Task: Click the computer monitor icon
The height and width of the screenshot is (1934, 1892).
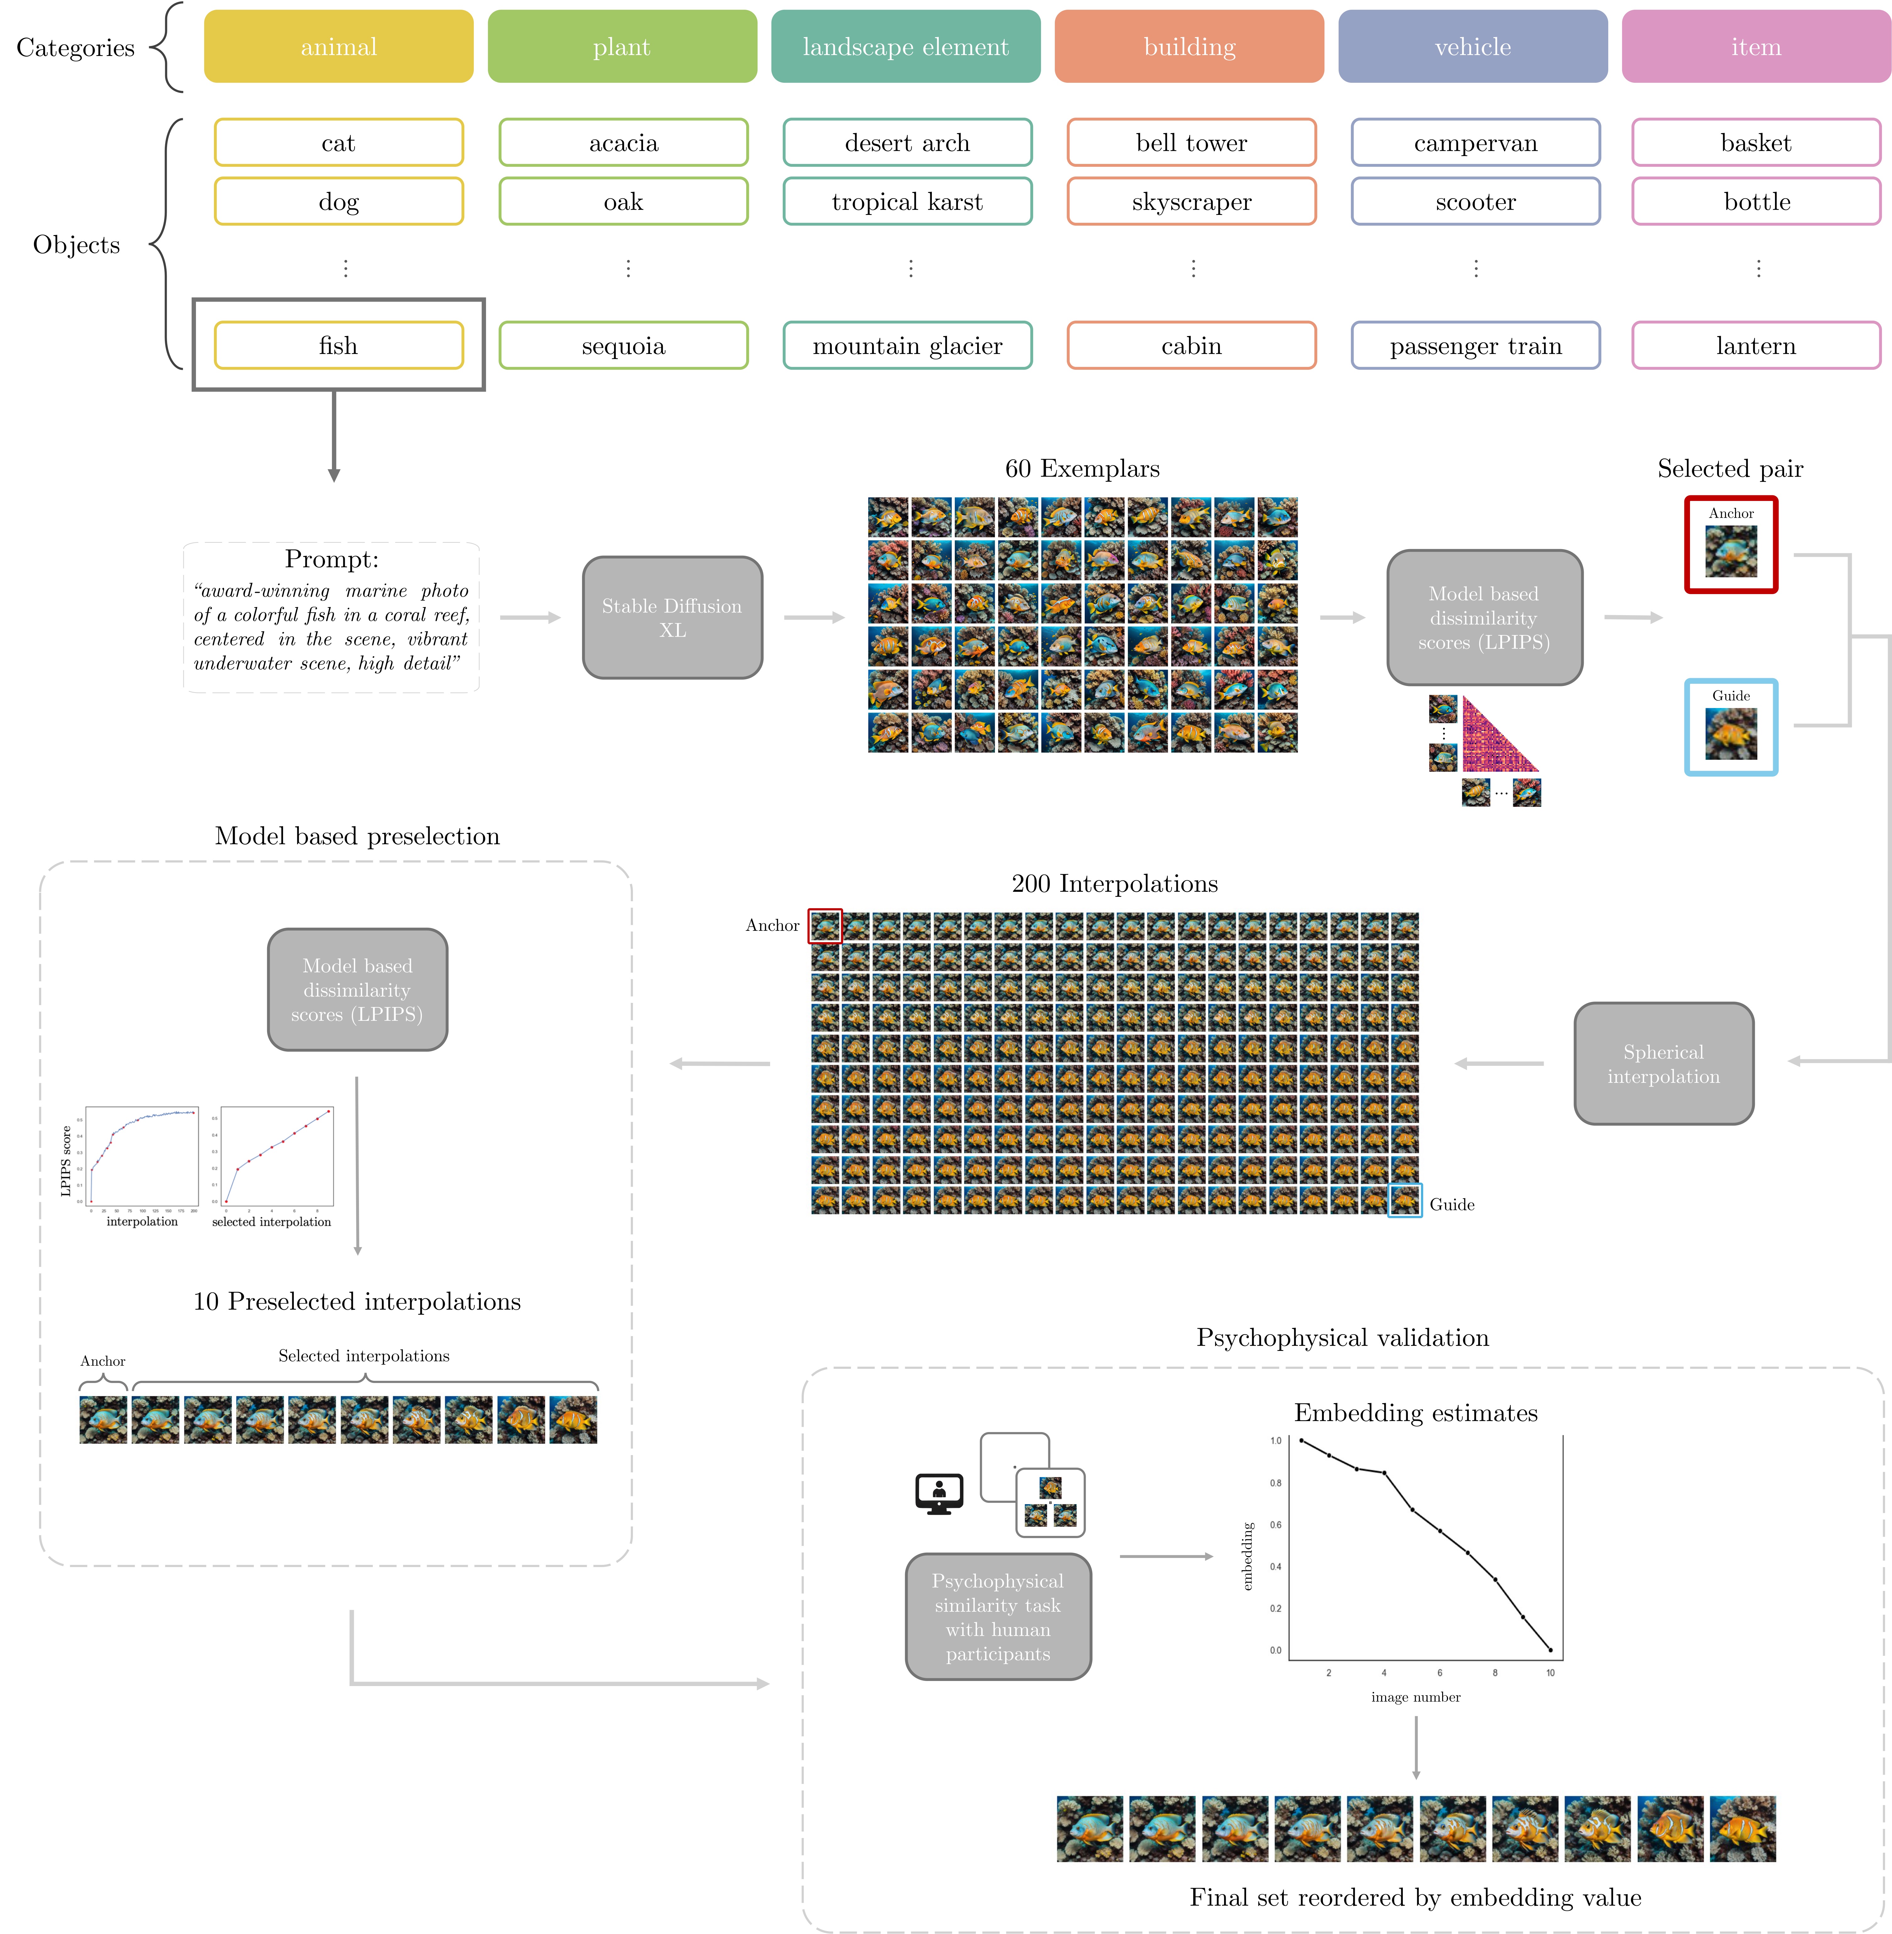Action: (939, 1493)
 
